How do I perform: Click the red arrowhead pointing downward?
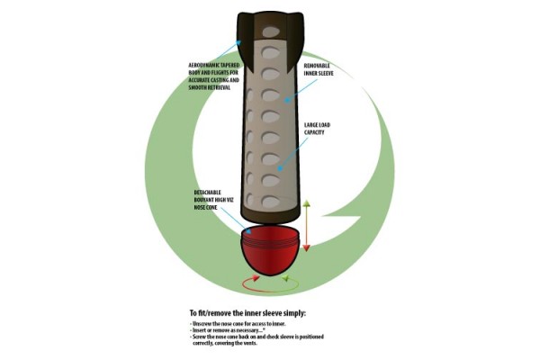pos(306,247)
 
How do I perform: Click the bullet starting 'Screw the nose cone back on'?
pos(257,337)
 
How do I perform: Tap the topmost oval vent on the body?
pos(271,32)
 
